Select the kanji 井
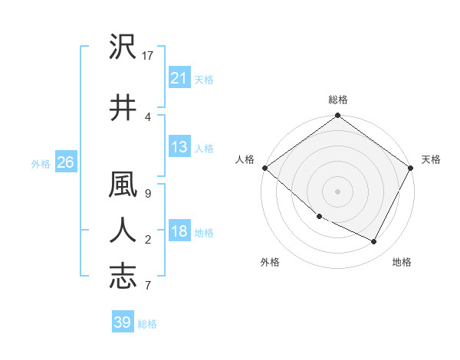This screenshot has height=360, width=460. pos(123,107)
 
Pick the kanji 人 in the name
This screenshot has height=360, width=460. pos(123,230)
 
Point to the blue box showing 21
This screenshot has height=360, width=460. pos(179,78)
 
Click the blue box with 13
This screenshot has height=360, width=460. pos(179,147)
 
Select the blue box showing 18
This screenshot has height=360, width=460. pos(179,232)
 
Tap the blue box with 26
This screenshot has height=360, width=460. pos(65,162)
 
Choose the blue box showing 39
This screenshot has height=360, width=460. pos(122,322)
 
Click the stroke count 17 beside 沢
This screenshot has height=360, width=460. pos(148,56)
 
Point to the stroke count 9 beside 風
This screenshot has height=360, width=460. pos(147,194)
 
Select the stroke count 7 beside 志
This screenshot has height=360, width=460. pos(147,286)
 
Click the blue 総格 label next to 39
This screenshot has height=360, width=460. pos(147,324)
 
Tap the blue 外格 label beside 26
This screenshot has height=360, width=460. pos(40,163)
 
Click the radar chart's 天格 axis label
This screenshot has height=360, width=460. pos(431,159)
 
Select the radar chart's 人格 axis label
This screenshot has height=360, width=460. pos(245,159)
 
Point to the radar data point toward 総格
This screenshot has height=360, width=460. pos(337,116)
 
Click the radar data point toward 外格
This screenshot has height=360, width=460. pos(319,216)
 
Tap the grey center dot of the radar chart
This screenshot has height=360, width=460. pos(337,191)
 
